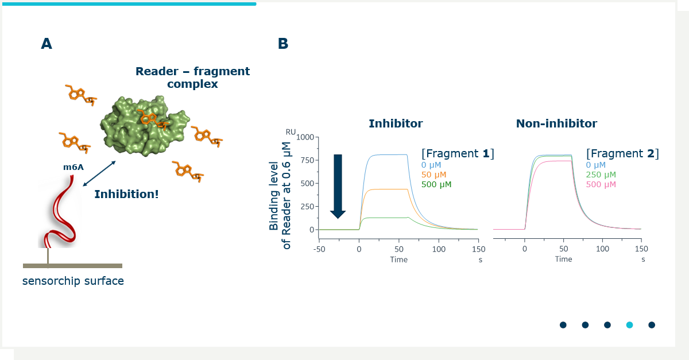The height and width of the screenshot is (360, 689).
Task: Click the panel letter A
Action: click(x=47, y=44)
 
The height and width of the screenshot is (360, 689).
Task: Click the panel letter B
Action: click(x=283, y=44)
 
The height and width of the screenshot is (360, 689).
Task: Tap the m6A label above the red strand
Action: click(x=73, y=167)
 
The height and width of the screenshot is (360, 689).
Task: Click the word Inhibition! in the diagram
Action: click(x=126, y=194)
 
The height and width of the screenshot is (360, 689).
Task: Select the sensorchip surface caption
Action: click(x=73, y=281)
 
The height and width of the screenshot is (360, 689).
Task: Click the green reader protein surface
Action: click(x=145, y=126)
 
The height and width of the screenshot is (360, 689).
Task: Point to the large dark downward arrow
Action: click(x=338, y=187)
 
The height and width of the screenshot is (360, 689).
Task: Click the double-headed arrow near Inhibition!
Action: click(x=99, y=173)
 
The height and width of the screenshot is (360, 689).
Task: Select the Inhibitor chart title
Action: click(x=396, y=123)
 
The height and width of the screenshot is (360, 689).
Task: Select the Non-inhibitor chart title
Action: click(x=556, y=123)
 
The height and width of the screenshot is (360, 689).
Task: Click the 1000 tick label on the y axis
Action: click(x=305, y=137)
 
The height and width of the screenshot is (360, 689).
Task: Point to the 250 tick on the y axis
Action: click(x=307, y=207)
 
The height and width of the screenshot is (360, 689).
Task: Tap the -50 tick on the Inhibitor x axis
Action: click(x=319, y=249)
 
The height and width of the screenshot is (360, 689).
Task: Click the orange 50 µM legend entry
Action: click(x=433, y=175)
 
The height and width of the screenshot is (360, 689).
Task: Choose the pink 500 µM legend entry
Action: click(x=601, y=184)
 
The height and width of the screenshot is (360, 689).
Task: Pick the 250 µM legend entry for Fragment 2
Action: click(x=601, y=175)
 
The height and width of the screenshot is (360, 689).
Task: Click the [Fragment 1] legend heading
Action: click(x=458, y=153)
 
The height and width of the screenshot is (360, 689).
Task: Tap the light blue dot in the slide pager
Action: click(x=630, y=325)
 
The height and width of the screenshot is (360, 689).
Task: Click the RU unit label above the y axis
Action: click(x=291, y=132)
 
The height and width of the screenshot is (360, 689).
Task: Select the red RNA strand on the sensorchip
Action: click(x=61, y=212)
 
